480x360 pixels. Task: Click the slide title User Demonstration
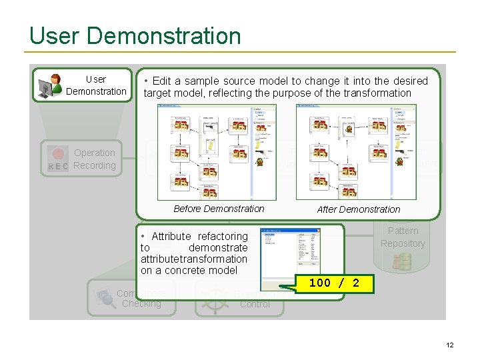point(135,35)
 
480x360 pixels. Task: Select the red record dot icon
point(59,153)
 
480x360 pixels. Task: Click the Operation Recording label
point(94,159)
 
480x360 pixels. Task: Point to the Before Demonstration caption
point(219,209)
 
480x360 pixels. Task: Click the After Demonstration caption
point(359,209)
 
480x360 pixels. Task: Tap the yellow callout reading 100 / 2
point(334,283)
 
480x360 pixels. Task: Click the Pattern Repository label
point(403,237)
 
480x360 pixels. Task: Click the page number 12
point(449,345)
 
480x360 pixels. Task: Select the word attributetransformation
point(193,259)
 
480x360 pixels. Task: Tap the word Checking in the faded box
point(141,304)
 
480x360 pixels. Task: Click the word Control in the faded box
point(255,305)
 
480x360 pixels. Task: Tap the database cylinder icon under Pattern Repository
point(402,261)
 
